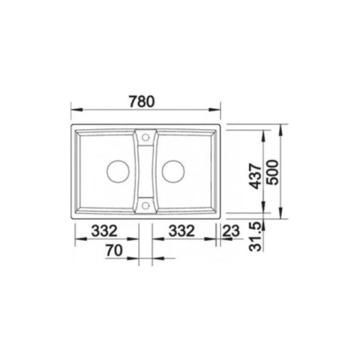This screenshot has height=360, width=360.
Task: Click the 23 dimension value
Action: pyautogui.click(x=232, y=231)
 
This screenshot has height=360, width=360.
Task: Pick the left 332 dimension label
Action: pyautogui.click(x=105, y=231)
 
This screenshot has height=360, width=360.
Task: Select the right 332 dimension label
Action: pyautogui.click(x=182, y=231)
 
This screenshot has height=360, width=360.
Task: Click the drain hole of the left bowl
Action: pyautogui.click(x=117, y=170)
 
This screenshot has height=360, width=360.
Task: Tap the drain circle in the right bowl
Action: pyautogui.click(x=174, y=170)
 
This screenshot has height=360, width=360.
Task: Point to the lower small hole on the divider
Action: pyautogui.click(x=146, y=204)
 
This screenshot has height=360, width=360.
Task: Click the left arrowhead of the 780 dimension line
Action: pyautogui.click(x=75, y=110)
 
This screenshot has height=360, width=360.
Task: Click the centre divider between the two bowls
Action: pyautogui.click(x=146, y=170)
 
